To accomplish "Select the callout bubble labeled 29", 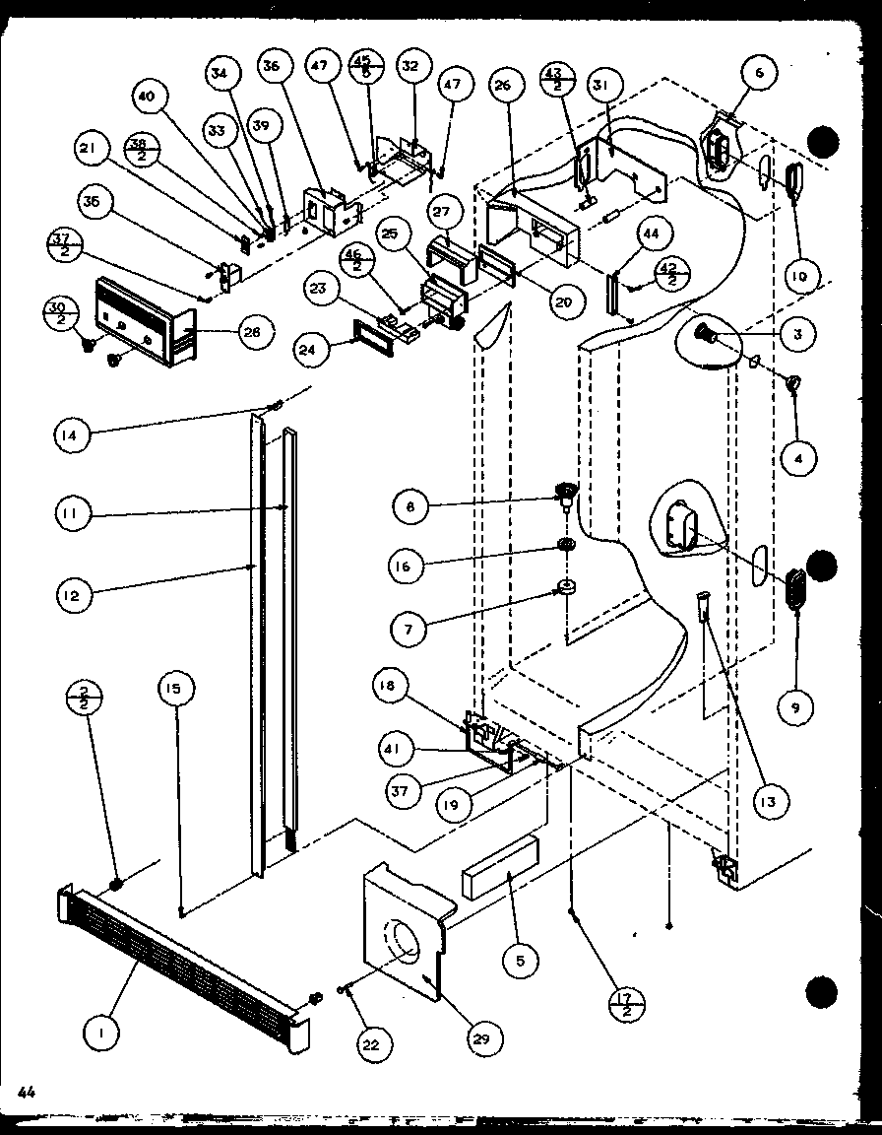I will coord(485,1036).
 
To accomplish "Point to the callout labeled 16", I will coord(409,567).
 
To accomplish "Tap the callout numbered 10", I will coord(797,278).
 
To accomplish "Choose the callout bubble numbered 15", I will coord(177,692).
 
